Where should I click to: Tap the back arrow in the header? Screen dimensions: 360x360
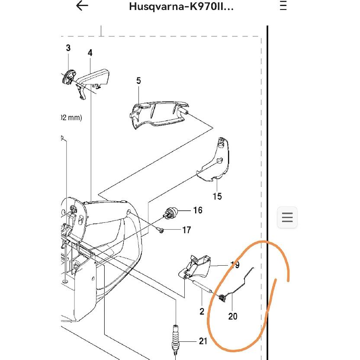82,6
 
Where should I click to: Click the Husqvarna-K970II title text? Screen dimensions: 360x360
181,7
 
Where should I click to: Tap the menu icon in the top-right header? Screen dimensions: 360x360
283,6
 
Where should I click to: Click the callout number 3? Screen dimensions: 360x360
68,48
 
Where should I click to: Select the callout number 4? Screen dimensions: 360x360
90,53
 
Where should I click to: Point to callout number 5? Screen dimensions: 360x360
138,80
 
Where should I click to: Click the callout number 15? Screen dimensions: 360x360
217,196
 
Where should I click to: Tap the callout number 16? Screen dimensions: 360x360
197,210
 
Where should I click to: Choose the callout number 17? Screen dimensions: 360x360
186,230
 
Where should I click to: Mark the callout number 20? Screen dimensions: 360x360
233,316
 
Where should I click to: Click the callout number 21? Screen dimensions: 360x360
203,341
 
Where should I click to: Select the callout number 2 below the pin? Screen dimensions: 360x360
202,311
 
